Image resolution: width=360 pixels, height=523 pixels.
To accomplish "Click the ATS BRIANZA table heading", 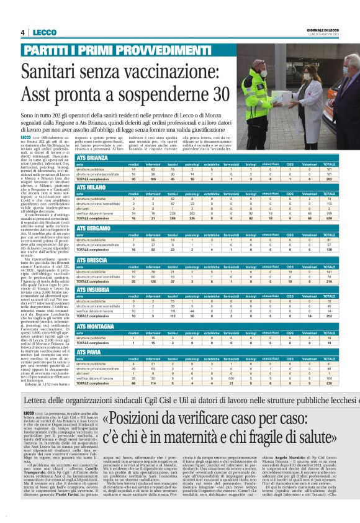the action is (91, 158).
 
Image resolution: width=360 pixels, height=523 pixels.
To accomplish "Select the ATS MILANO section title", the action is (89, 187).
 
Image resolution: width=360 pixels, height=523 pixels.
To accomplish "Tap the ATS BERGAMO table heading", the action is (91, 229).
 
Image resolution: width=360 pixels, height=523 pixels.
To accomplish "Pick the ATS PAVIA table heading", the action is (88, 352).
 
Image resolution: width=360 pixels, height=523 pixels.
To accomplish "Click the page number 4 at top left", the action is (23, 32).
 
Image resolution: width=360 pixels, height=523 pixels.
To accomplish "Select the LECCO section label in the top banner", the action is (45, 32).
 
